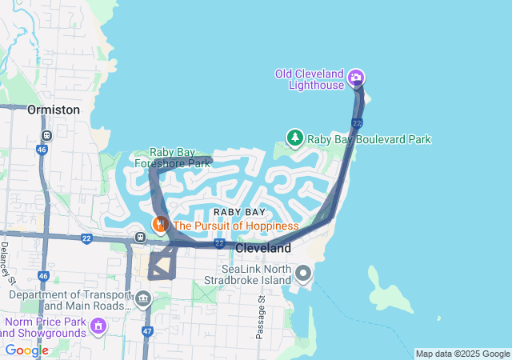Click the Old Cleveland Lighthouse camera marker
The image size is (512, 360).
[356, 78]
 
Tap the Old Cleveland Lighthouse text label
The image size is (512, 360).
[310, 79]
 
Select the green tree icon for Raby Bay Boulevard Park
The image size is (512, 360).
[295, 138]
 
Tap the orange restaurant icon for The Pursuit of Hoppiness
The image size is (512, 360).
[161, 225]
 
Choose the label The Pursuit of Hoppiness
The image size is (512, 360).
[235, 226]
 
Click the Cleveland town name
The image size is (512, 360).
[263, 249]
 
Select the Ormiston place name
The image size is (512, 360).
[54, 110]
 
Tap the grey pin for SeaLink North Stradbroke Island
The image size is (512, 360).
[302, 274]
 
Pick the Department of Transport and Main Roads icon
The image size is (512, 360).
[143, 300]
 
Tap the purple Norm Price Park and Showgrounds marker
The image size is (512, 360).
[98, 326]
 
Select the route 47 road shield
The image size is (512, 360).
[147, 330]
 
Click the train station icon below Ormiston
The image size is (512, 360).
[47, 135]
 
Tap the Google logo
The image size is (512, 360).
[26, 350]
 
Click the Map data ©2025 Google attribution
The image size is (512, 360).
[462, 354]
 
